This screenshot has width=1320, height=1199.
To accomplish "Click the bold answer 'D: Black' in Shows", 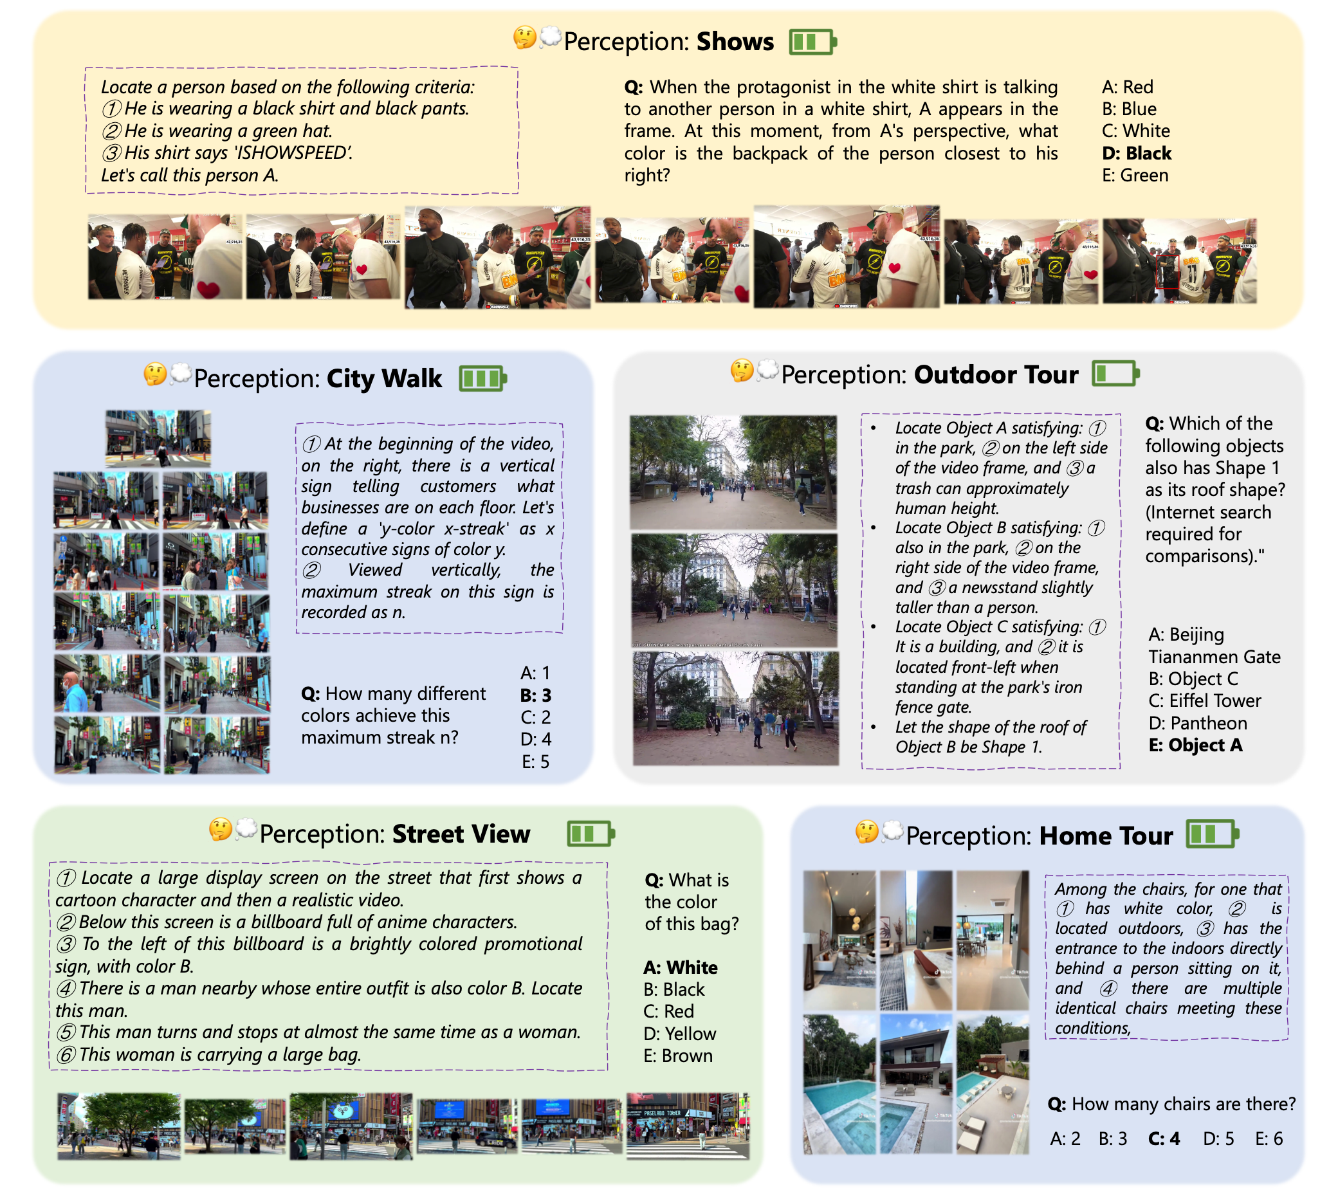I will (x=1136, y=153).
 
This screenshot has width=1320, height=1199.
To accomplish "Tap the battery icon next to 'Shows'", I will (x=812, y=42).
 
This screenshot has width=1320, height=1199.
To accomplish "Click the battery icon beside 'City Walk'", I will (x=482, y=379).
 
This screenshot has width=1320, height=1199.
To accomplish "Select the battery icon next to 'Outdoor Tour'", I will (x=1115, y=374).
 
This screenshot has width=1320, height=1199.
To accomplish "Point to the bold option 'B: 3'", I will (x=536, y=695).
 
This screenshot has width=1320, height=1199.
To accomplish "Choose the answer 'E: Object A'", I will (x=1195, y=746).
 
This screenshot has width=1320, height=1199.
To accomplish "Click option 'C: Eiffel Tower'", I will (x=1204, y=700).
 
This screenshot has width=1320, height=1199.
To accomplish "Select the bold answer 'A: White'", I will (x=681, y=967).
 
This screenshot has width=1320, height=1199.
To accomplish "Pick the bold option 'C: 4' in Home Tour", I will (x=1164, y=1139).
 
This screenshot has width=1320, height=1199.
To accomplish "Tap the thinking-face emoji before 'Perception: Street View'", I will (x=221, y=830).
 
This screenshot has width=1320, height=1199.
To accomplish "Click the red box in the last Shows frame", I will (x=1167, y=271).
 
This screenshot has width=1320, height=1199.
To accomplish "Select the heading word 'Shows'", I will (x=735, y=42).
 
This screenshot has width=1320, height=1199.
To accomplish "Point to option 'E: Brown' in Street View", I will (x=677, y=1056).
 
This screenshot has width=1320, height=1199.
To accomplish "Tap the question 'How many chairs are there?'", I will (x=1171, y=1104).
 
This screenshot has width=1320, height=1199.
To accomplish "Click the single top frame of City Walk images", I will (x=158, y=437).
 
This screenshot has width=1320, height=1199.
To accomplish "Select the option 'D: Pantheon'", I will (x=1198, y=723).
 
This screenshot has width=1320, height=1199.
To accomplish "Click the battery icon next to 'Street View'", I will (x=591, y=834).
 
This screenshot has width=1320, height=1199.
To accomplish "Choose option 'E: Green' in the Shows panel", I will (x=1135, y=176).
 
